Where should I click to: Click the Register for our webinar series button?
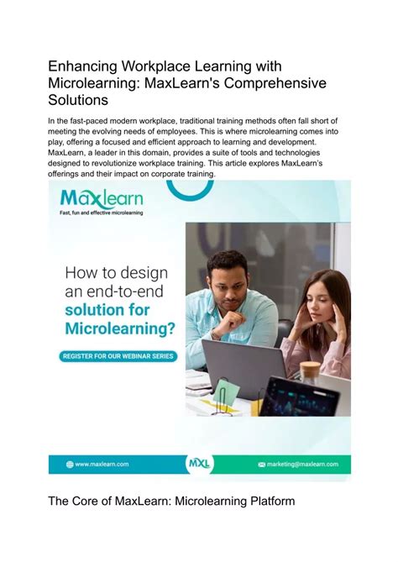click(118, 356)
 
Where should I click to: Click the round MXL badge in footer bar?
click(198, 464)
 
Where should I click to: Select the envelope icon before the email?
click(262, 464)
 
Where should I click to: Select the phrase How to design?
click(116, 272)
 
